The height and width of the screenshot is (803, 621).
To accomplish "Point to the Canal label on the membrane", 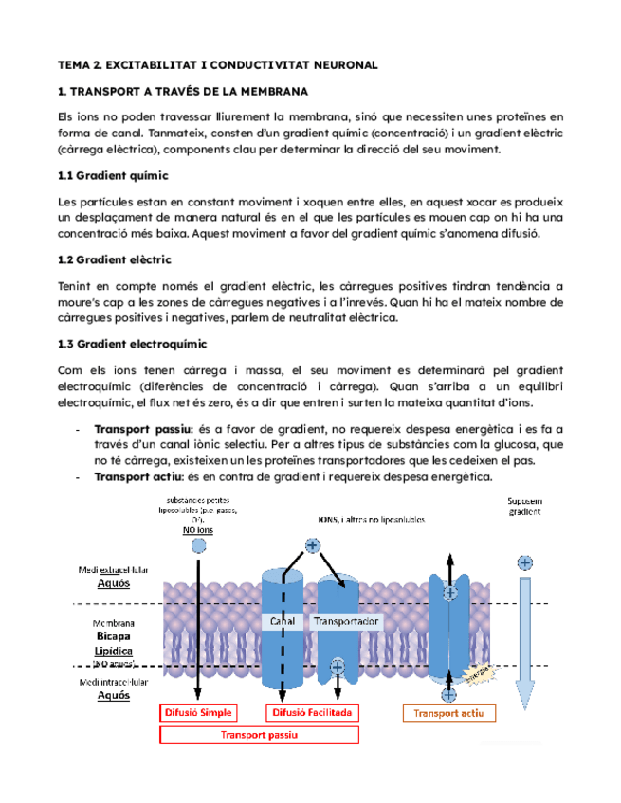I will coord(283,622).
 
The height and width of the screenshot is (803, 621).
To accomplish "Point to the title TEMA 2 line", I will coord(217,64).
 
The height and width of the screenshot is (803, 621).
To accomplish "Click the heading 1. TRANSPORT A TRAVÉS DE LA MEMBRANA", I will coord(196,91).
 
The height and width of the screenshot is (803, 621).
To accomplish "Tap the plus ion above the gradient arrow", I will coord(521,562).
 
